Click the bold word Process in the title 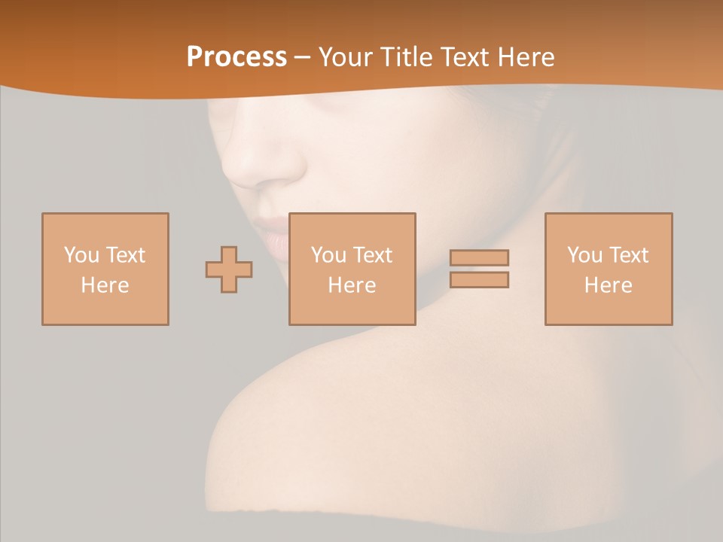pyautogui.click(x=236, y=57)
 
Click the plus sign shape pyautogui.click(x=229, y=269)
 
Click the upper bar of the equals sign pyautogui.click(x=479, y=257)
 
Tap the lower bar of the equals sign pyautogui.click(x=479, y=280)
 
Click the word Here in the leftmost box pyautogui.click(x=105, y=285)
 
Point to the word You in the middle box pyautogui.click(x=328, y=255)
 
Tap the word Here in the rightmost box pyautogui.click(x=609, y=285)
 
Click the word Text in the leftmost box pyautogui.click(x=126, y=255)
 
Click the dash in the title pyautogui.click(x=303, y=57)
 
